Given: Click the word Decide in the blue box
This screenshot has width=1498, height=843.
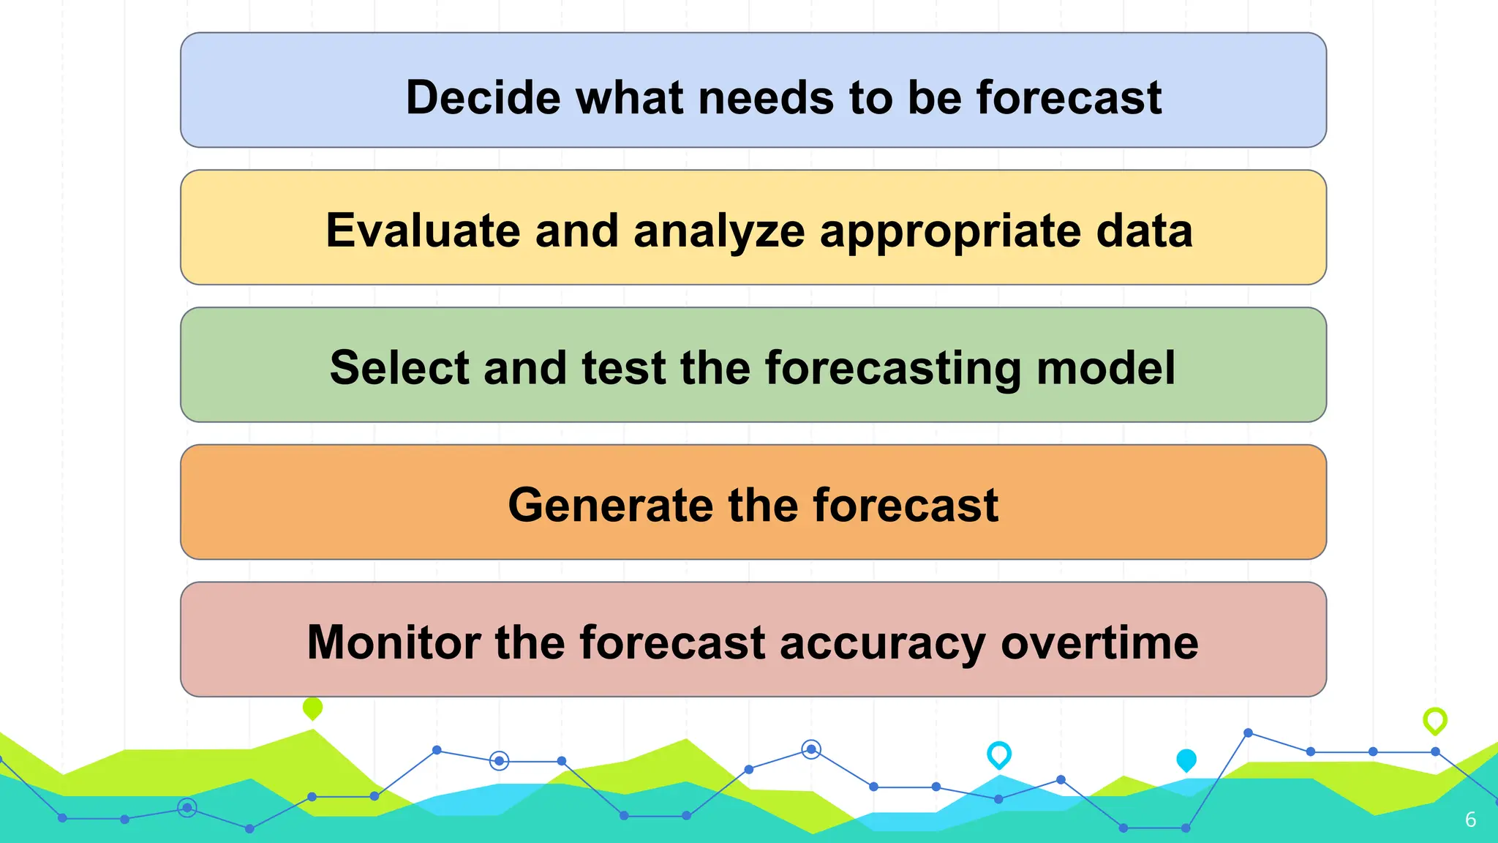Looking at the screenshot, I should pyautogui.click(x=483, y=97).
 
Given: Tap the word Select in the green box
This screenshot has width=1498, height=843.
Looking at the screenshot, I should pyautogui.click(x=399, y=367).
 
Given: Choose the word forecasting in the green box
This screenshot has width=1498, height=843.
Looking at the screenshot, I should pyautogui.click(x=893, y=369).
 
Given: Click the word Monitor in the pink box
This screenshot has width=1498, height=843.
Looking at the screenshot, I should pyautogui.click(x=394, y=642).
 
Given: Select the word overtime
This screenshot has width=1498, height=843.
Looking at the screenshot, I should pyautogui.click(x=1099, y=642).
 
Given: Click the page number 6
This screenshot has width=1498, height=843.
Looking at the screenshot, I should pyautogui.click(x=1470, y=820).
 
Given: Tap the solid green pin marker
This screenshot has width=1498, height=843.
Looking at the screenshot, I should pyautogui.click(x=312, y=708).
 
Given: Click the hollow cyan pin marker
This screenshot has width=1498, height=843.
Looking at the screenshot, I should pyautogui.click(x=998, y=754).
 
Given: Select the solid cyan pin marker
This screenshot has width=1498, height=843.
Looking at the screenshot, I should pyautogui.click(x=1186, y=760).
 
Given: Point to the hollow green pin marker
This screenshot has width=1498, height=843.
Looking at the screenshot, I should pyautogui.click(x=1434, y=720).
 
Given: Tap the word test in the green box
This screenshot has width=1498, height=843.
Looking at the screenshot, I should pyautogui.click(x=623, y=367).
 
